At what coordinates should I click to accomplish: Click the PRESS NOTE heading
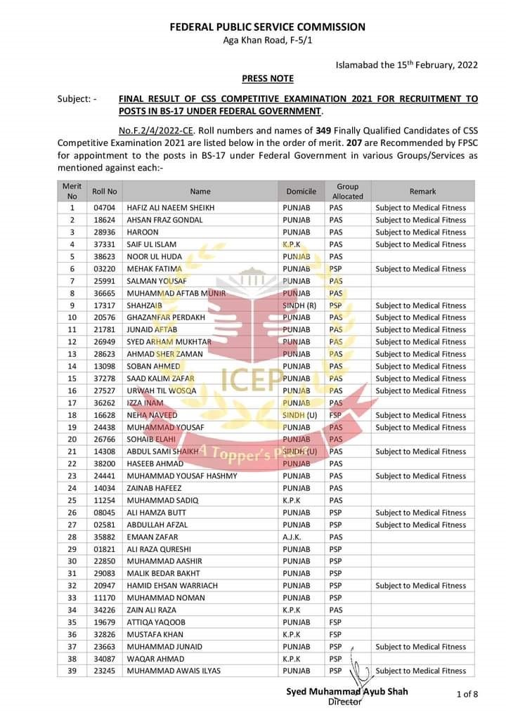[x=267, y=79]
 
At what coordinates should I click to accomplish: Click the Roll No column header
[x=105, y=191]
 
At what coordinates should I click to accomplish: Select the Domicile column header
[x=301, y=191]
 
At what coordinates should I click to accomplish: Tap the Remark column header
[x=422, y=191]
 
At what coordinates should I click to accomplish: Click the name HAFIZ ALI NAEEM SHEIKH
[x=170, y=208]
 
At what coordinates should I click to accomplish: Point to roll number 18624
[x=104, y=220]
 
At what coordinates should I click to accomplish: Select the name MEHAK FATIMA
[x=154, y=269]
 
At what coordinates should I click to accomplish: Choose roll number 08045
[x=104, y=513]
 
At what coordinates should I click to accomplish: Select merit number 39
[x=72, y=671]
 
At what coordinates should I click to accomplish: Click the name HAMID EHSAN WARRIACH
[x=172, y=586]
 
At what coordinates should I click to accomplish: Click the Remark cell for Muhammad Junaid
[x=420, y=647]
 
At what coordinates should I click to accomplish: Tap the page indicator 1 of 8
[x=467, y=695]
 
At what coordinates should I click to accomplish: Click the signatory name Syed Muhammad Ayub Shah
[x=346, y=692]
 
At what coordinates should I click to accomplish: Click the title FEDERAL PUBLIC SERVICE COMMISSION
[x=267, y=27]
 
